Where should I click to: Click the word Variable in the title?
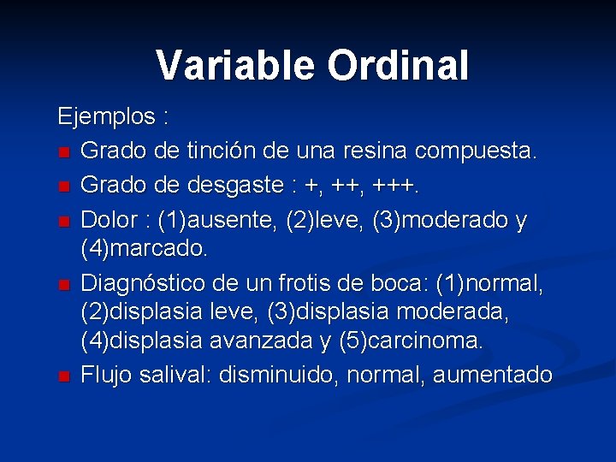[x=225, y=65]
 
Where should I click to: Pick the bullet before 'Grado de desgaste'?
[x=63, y=187]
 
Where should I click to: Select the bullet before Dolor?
[x=63, y=222]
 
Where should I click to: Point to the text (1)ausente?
[x=196, y=220]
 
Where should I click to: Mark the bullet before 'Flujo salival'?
[x=63, y=376]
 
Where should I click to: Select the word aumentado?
[x=492, y=375]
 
